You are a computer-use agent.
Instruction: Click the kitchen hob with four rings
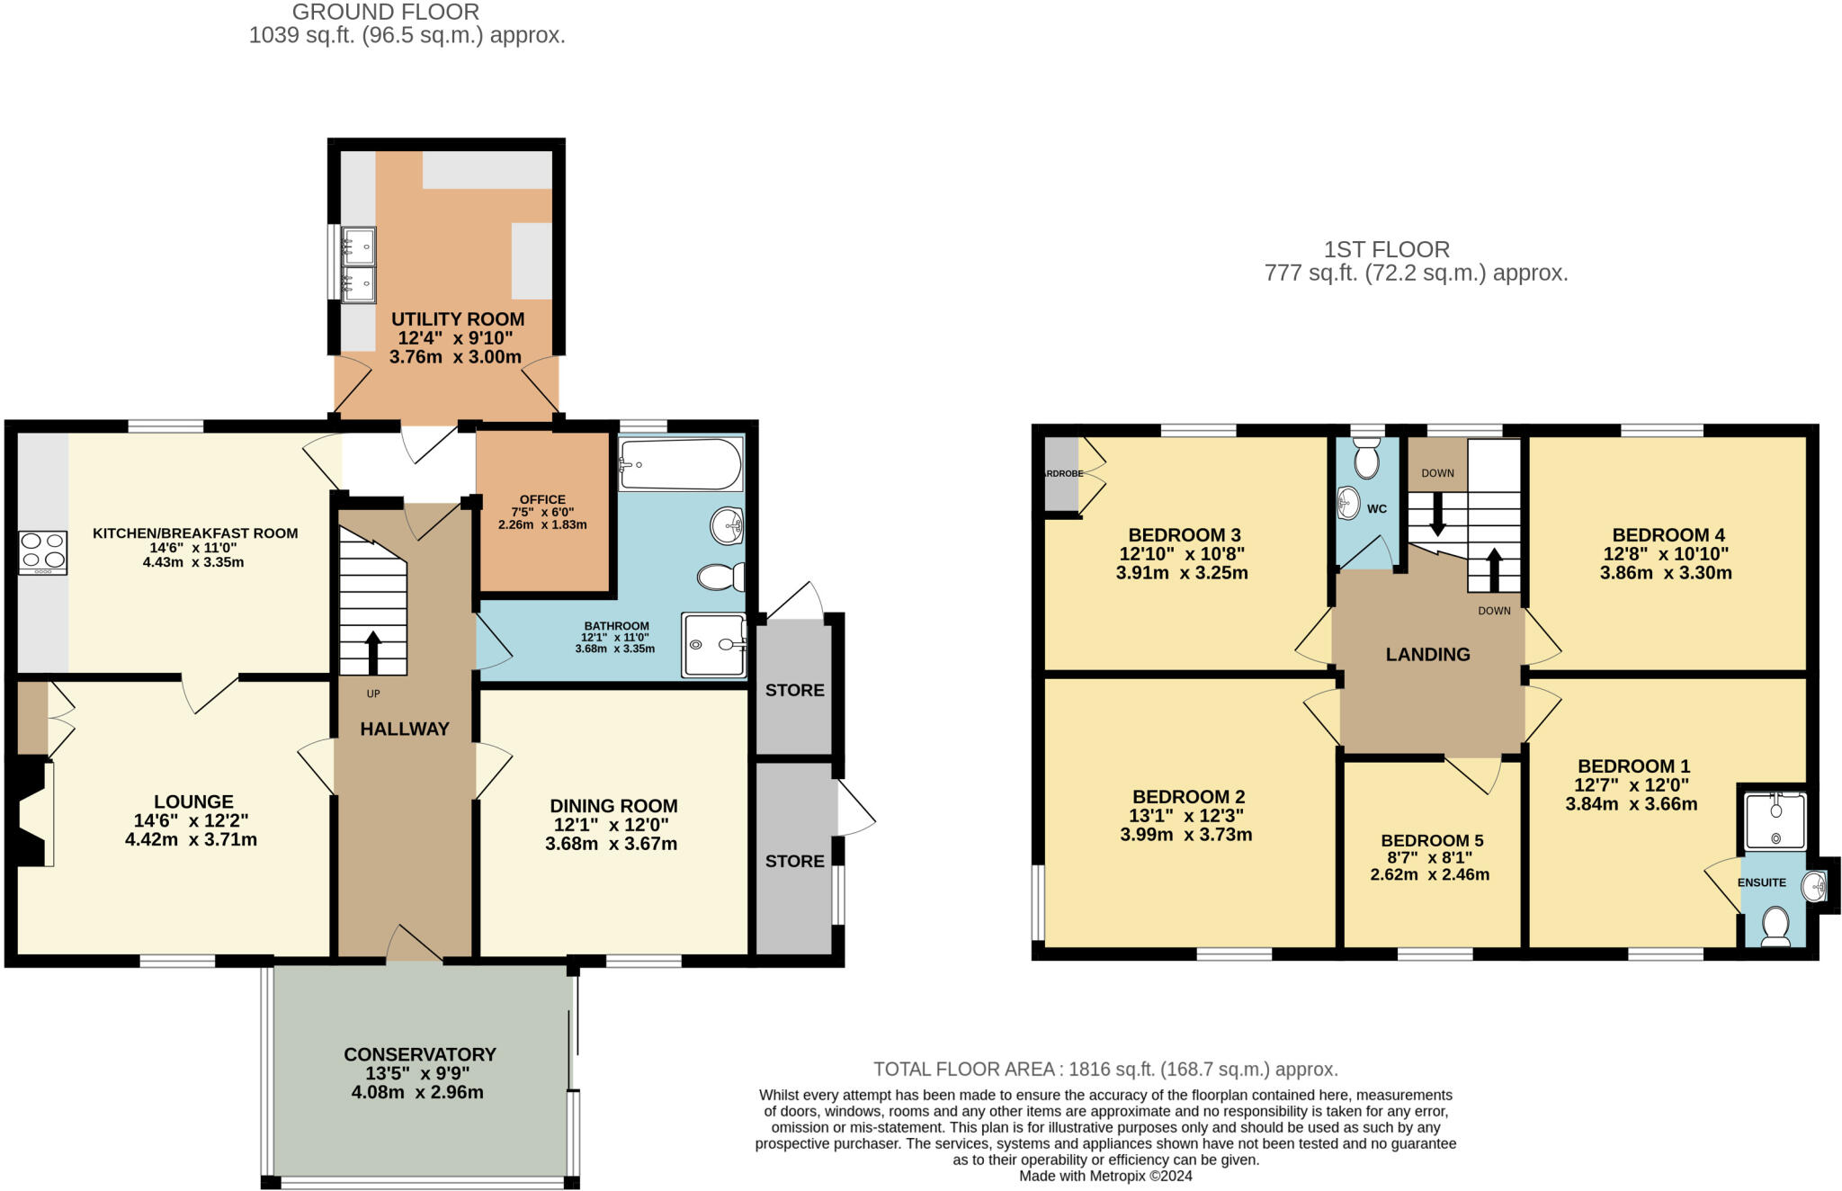tap(43, 552)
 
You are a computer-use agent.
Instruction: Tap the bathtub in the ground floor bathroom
tap(681, 464)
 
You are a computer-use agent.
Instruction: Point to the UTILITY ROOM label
tap(457, 319)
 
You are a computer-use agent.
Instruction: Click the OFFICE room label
tap(542, 499)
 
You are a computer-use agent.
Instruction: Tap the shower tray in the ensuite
tap(1775, 820)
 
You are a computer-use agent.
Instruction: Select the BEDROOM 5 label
tap(1432, 840)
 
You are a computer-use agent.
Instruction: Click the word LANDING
tap(1427, 655)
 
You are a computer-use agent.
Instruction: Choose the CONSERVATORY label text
tap(419, 1054)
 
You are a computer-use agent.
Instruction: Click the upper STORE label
tap(794, 690)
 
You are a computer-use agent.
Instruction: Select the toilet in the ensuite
tap(1775, 927)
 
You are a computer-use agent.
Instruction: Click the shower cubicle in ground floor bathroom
tap(713, 645)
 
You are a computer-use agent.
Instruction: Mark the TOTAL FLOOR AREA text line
tap(1105, 1069)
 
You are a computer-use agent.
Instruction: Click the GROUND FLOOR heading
tap(385, 13)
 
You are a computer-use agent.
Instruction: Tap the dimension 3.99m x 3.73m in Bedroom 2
tap(1185, 834)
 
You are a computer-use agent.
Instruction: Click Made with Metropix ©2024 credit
tap(1105, 1176)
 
